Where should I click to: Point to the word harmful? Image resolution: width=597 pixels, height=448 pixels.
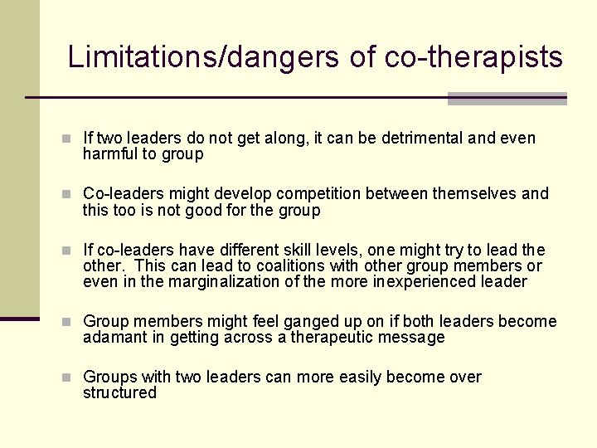click(x=112, y=154)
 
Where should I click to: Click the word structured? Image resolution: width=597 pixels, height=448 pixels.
click(x=119, y=393)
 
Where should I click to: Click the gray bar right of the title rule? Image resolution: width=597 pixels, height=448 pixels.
click(x=507, y=99)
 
